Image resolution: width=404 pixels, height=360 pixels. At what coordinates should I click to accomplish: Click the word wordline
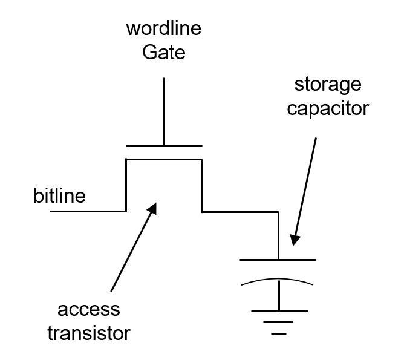pos(164,28)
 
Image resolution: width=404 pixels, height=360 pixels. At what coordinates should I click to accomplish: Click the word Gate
pos(164,53)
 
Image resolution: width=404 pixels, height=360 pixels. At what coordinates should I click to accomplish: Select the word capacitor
pos(327,108)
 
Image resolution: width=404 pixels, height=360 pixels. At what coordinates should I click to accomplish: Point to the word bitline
pos(59,196)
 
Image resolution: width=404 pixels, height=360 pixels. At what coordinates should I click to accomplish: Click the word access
pos(89,310)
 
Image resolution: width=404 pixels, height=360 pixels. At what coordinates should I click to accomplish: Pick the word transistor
pos(94,333)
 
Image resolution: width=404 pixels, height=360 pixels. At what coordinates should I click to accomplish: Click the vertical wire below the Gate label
pos(164,112)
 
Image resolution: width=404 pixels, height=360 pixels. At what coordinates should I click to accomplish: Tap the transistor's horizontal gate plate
pos(164,146)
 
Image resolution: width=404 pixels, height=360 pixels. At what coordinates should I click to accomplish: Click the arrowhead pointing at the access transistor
pos(152,208)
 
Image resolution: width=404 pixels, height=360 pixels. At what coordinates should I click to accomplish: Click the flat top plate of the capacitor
pos(278,260)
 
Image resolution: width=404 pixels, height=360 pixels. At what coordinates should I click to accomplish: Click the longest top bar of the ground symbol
pos(279,311)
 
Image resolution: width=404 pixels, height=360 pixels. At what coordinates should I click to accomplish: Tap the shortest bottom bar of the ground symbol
pos(279,333)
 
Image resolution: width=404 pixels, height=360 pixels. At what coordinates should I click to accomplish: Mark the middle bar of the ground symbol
pos(279,322)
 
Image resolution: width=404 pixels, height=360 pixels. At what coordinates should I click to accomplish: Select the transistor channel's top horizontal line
pos(163,159)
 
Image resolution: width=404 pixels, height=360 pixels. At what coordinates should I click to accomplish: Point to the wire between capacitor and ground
pos(279,296)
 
